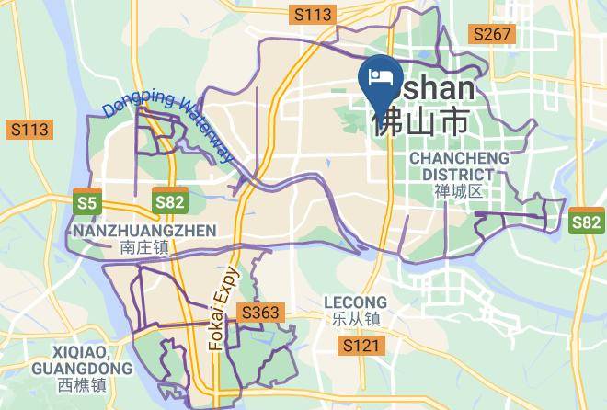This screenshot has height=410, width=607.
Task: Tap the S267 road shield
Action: [x=491, y=33]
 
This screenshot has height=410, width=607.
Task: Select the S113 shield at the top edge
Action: [x=311, y=14]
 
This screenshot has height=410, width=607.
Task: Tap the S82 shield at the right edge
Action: [x=586, y=222]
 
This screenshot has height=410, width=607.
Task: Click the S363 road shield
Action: [x=260, y=313]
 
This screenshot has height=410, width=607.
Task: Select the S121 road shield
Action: [x=361, y=346]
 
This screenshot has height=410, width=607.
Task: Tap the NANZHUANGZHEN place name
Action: [x=143, y=230]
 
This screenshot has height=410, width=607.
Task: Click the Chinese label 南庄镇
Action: [x=143, y=246]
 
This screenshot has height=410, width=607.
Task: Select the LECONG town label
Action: [x=356, y=302]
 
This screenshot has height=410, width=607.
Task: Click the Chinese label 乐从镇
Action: [x=356, y=319]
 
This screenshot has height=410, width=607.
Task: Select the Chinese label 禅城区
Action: [x=457, y=191]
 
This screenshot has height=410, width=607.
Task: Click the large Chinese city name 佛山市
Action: [x=421, y=120]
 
